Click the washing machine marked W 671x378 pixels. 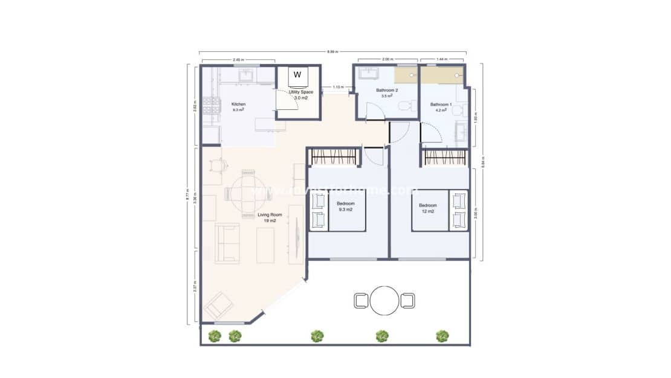[x=297, y=75]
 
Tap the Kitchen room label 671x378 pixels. [x=239, y=104]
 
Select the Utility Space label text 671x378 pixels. [x=300, y=92]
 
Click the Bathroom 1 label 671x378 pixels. [x=441, y=104]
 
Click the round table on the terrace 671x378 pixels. [x=384, y=300]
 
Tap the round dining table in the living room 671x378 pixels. [x=248, y=193]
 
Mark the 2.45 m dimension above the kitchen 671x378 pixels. [x=238, y=59]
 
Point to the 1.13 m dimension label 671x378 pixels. [x=338, y=87]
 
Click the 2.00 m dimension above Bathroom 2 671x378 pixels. [x=387, y=59]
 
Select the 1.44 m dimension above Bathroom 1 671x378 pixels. [x=442, y=59]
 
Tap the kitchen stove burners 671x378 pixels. [x=210, y=105]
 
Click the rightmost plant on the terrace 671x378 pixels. [x=442, y=336]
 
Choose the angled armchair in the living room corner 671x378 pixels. [x=218, y=306]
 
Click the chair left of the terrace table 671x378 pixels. [x=361, y=300]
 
